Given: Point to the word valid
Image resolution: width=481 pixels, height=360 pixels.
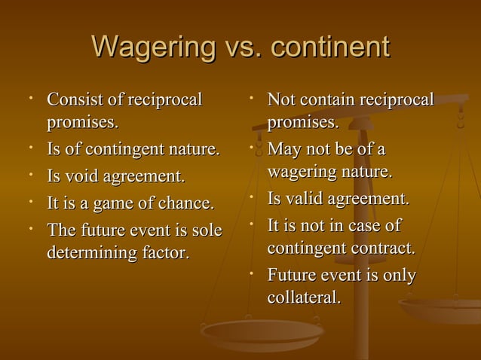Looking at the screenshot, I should (x=305, y=199).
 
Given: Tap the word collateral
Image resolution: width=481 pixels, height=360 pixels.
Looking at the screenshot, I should (x=303, y=297).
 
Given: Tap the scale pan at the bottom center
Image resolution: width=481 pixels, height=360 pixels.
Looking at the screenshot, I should (x=260, y=331).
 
